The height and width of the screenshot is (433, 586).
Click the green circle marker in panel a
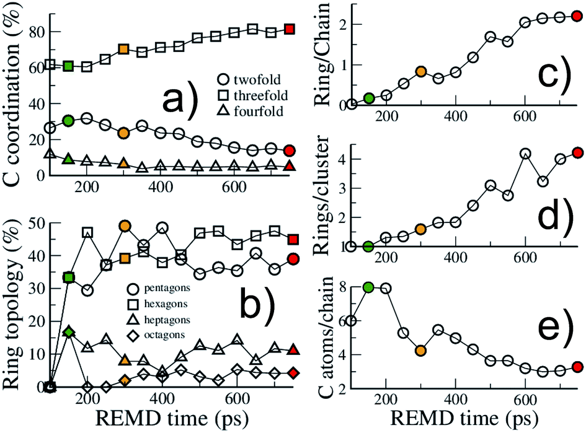68,120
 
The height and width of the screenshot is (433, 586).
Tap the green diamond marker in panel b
69,333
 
